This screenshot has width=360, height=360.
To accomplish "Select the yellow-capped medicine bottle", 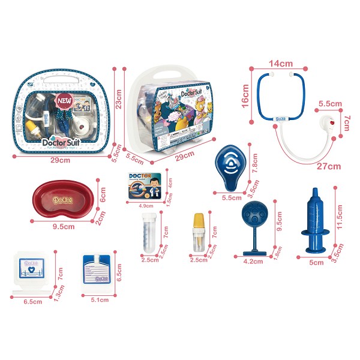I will click(x=199, y=231).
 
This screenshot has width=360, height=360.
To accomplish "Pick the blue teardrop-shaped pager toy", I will click(x=230, y=166).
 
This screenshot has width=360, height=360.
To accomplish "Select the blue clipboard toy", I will click(x=97, y=271).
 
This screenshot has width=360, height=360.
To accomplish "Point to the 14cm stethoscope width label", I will click(x=281, y=62).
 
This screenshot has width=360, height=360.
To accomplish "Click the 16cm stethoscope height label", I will click(x=245, y=93).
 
